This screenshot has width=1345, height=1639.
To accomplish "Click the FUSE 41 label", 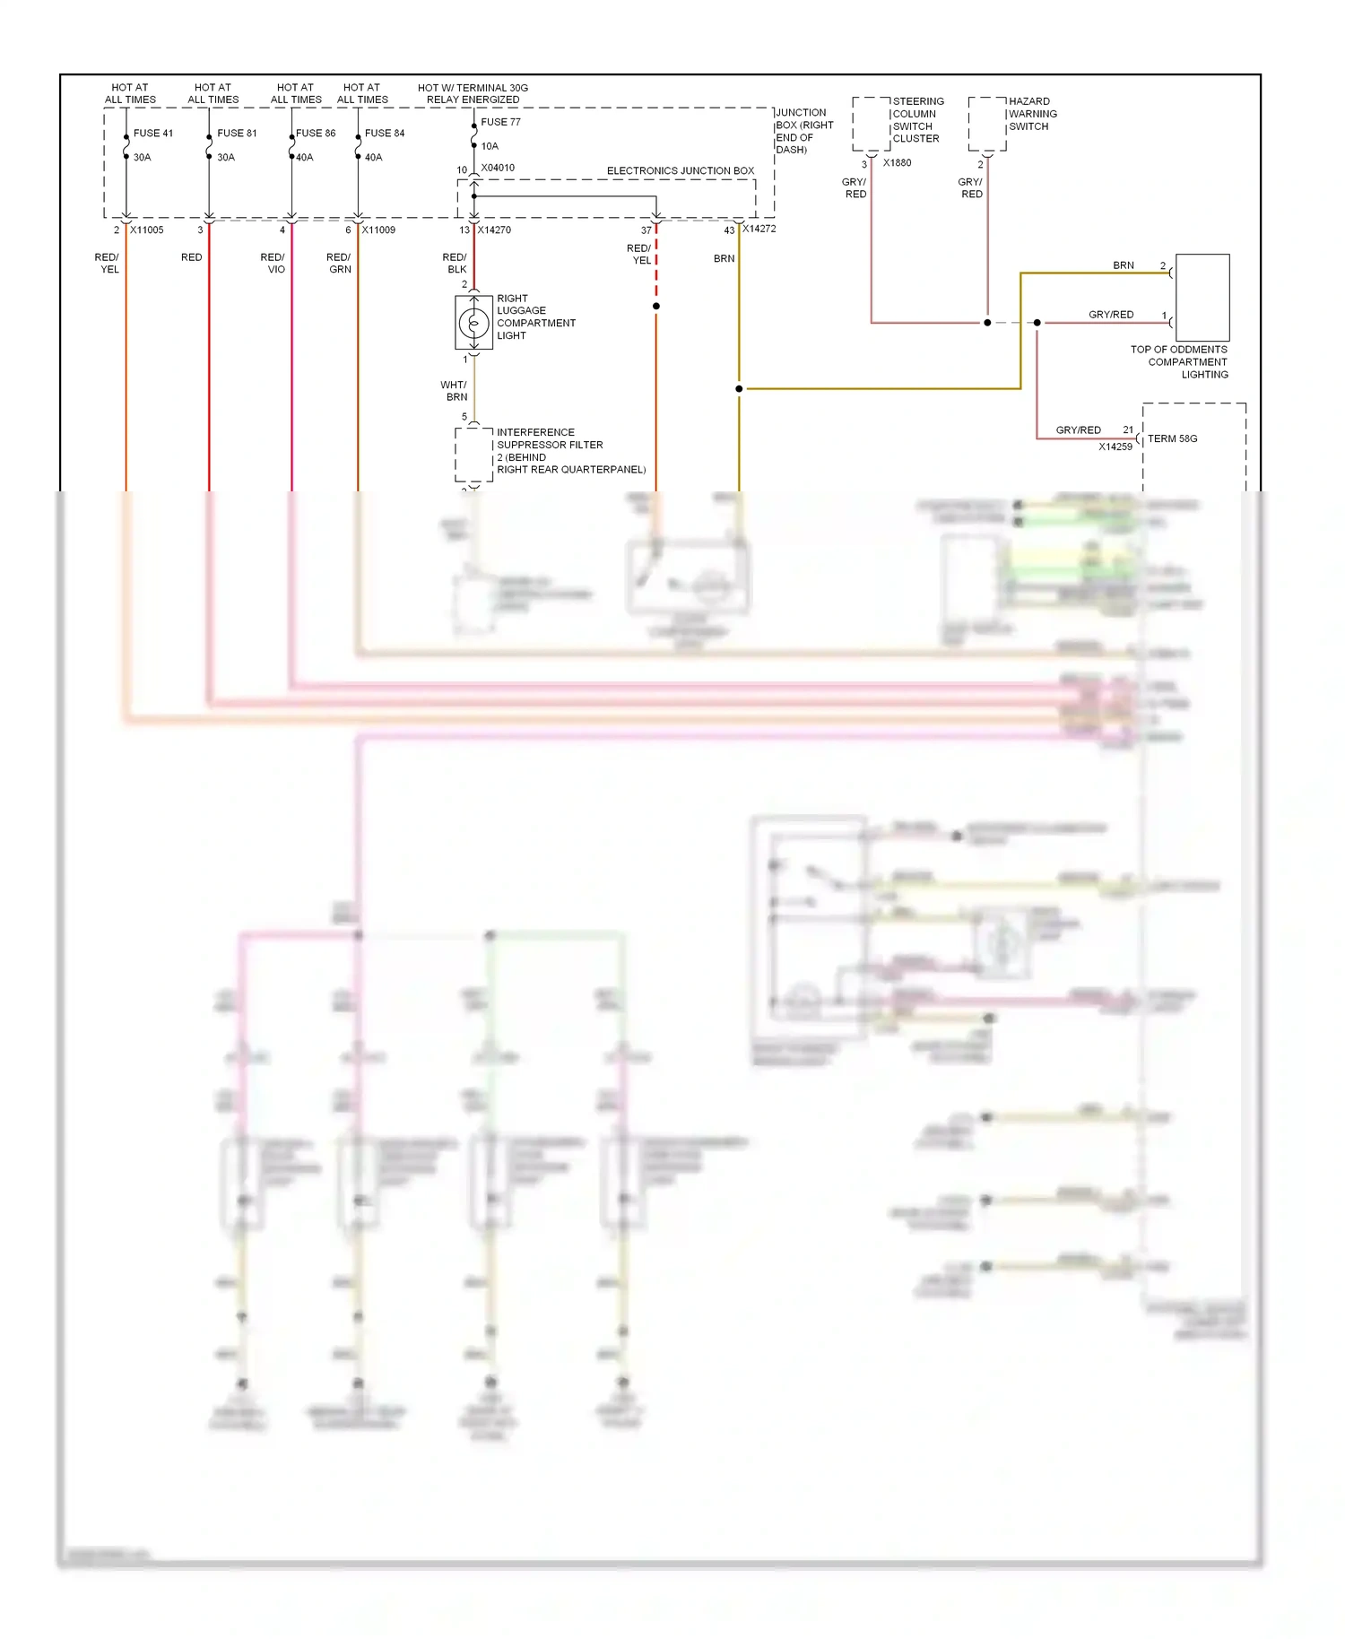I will (x=153, y=133).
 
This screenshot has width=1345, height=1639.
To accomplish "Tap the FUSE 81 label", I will (x=237, y=133).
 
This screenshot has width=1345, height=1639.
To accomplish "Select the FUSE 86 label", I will (x=316, y=133).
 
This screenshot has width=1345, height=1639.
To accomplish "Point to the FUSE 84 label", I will (x=385, y=133).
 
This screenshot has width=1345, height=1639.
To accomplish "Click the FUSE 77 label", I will (x=500, y=122).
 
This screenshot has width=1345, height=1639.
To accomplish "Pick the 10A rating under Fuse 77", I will (x=490, y=146).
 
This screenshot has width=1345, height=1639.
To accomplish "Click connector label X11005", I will (x=147, y=230).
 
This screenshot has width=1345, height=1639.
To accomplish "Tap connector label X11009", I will (x=378, y=230).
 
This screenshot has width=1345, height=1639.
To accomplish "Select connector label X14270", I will (x=494, y=230).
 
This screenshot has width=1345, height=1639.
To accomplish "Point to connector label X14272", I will (x=759, y=229).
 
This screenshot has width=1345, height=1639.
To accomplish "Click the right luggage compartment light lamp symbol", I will (x=473, y=322).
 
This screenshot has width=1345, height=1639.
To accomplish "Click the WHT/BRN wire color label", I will (x=455, y=391).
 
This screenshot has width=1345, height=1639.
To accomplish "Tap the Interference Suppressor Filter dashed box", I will (x=473, y=455).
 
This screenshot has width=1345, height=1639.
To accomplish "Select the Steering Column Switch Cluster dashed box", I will (x=871, y=124).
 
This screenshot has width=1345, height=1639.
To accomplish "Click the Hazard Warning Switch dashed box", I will (x=987, y=124).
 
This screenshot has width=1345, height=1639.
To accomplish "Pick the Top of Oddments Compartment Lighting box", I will (x=1202, y=298).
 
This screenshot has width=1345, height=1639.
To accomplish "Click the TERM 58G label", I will (x=1173, y=438).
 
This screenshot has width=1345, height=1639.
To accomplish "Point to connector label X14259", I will (x=1115, y=447).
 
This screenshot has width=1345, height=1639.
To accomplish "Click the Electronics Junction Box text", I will (x=681, y=170).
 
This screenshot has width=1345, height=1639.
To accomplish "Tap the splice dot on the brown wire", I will (x=739, y=389).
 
